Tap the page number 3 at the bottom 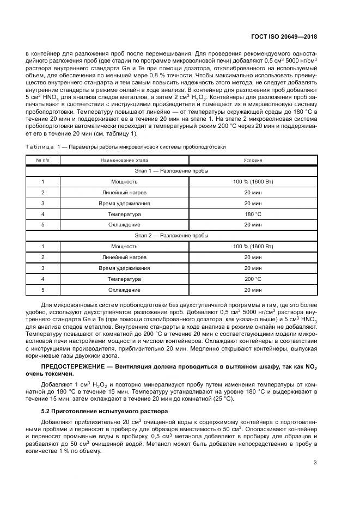315,463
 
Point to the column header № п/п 42,161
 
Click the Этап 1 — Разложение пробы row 172,171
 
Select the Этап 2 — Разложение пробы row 172,235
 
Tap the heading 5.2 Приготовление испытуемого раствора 97,410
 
